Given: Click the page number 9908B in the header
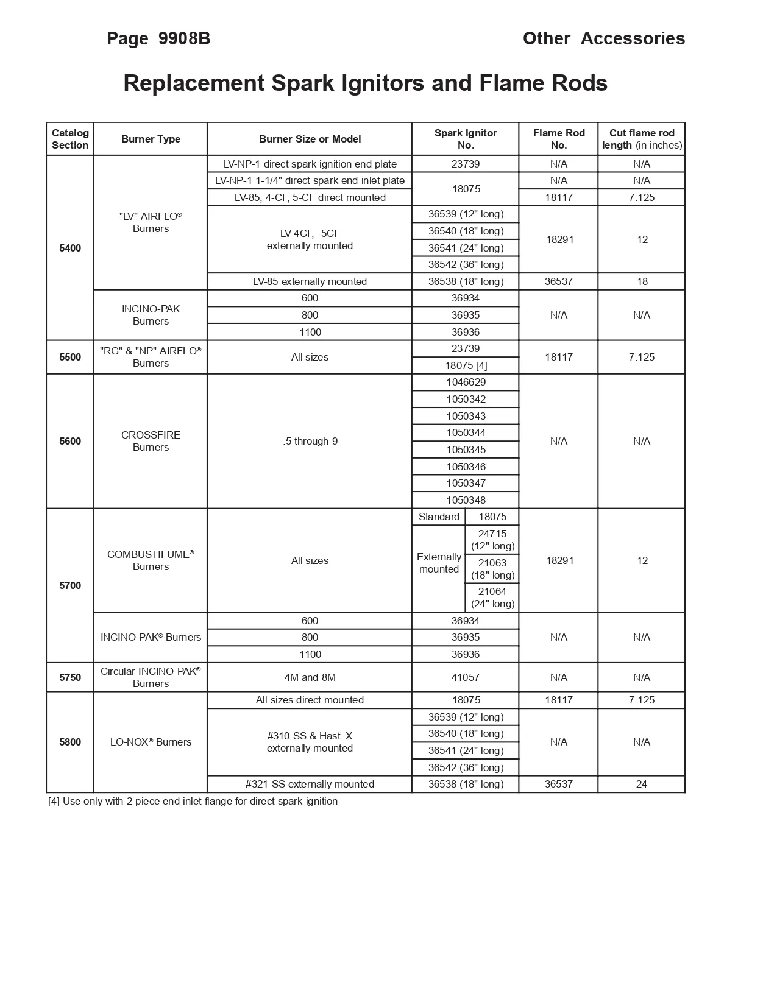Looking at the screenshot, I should pyautogui.click(x=184, y=38).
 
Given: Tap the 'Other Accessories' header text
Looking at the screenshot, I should pyautogui.click(x=603, y=38).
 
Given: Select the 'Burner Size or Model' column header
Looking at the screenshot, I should pyautogui.click(x=310, y=139).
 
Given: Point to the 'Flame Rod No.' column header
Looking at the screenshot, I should pyautogui.click(x=558, y=139).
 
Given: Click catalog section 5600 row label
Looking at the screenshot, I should pyautogui.click(x=70, y=441).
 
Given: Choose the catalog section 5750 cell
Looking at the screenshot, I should pyautogui.click(x=70, y=677).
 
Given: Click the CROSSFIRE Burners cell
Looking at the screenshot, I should pyautogui.click(x=151, y=441).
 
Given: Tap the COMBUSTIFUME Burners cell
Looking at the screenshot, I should pyautogui.click(x=151, y=560).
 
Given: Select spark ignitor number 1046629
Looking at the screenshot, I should pyautogui.click(x=466, y=382).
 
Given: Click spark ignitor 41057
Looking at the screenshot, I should pyautogui.click(x=466, y=677).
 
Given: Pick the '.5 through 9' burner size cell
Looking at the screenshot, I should pyautogui.click(x=310, y=441).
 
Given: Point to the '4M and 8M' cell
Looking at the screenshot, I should pyautogui.click(x=310, y=677).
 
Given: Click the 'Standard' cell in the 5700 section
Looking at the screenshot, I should pyautogui.click(x=439, y=517).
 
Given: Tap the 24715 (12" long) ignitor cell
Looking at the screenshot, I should pyautogui.click(x=492, y=540).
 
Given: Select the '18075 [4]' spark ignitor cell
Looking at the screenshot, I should pyautogui.click(x=466, y=365).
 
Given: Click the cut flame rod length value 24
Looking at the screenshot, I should pyautogui.click(x=642, y=784).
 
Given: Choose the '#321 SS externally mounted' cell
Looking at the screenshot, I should pyautogui.click(x=310, y=784).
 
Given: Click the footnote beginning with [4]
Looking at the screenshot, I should pyautogui.click(x=193, y=801).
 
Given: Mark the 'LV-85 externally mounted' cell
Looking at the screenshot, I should pyautogui.click(x=310, y=281).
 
